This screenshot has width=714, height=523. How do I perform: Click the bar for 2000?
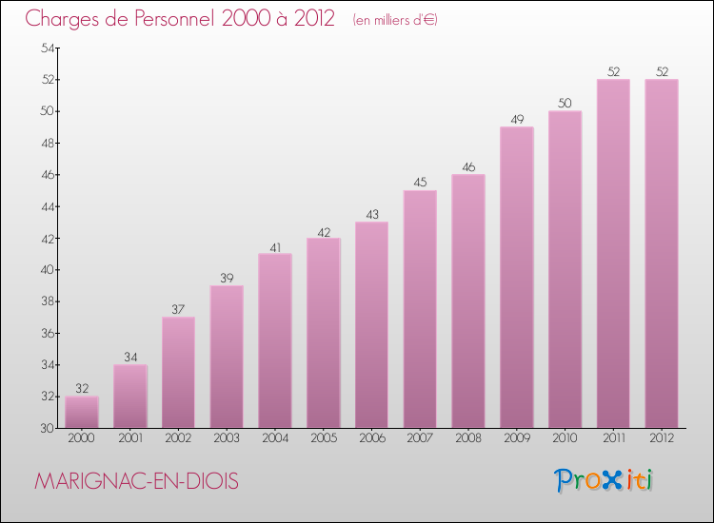click(x=82, y=412)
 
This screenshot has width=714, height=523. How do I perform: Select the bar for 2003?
click(x=227, y=357)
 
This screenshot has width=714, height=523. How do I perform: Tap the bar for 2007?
click(x=420, y=309)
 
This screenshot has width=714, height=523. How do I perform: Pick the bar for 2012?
click(x=662, y=254)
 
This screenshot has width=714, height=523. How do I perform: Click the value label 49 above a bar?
click(x=517, y=120)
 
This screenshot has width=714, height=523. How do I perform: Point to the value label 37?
click(x=178, y=310)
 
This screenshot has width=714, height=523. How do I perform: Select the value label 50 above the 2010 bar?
click(x=565, y=104)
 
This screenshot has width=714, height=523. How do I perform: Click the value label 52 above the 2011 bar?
click(x=613, y=72)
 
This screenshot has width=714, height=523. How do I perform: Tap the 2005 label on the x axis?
click(x=324, y=438)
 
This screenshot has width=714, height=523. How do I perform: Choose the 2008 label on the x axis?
click(x=468, y=438)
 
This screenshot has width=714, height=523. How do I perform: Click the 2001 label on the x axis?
click(x=130, y=438)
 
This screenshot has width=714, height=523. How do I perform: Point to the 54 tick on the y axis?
click(x=48, y=48)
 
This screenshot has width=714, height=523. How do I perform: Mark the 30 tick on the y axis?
click(x=48, y=429)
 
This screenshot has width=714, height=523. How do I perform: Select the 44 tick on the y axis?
click(x=48, y=207)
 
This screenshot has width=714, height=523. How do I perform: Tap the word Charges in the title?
click(x=62, y=20)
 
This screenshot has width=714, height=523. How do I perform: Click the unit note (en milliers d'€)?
click(x=395, y=20)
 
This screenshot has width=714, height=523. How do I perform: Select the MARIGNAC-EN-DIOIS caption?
click(x=136, y=481)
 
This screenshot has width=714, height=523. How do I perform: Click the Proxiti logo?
click(x=604, y=481)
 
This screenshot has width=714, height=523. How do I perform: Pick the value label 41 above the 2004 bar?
click(x=275, y=248)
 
